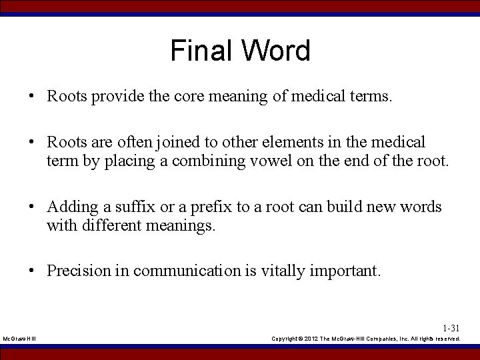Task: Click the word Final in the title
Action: (x=201, y=51)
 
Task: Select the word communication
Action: (x=187, y=271)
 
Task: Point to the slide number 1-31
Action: (x=451, y=328)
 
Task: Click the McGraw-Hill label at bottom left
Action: (x=19, y=339)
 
